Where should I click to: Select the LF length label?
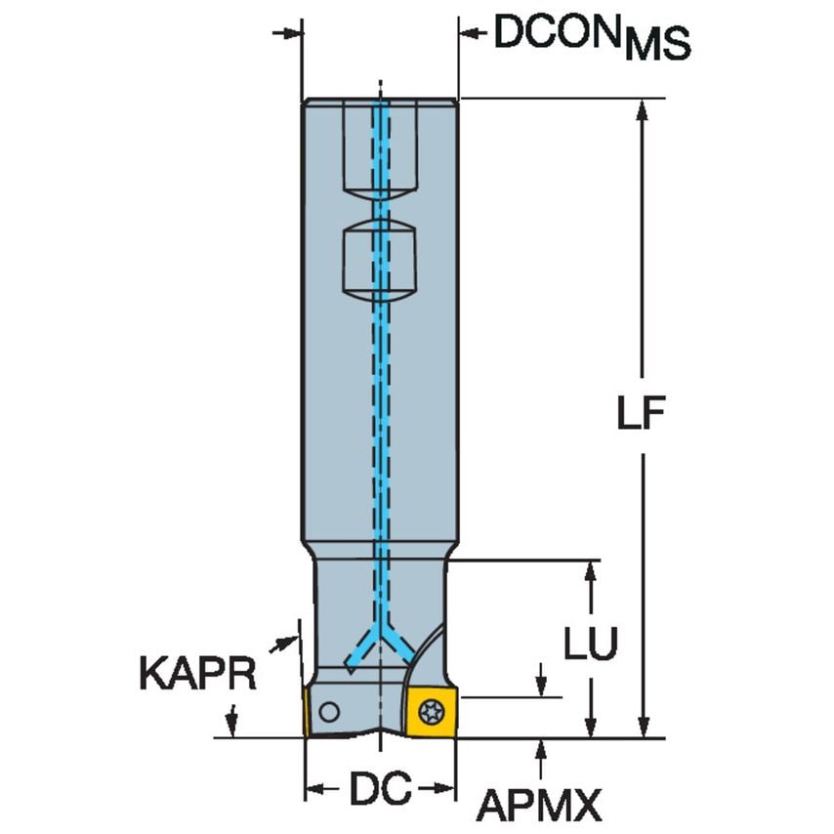coord(641,414)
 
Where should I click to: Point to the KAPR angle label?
coord(197,675)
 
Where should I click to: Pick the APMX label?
coord(538,806)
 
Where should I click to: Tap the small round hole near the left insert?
coord(331,712)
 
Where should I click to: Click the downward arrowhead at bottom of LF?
coord(642,727)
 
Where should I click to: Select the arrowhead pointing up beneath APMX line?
coord(540,748)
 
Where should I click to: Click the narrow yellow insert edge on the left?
coord(307,713)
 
